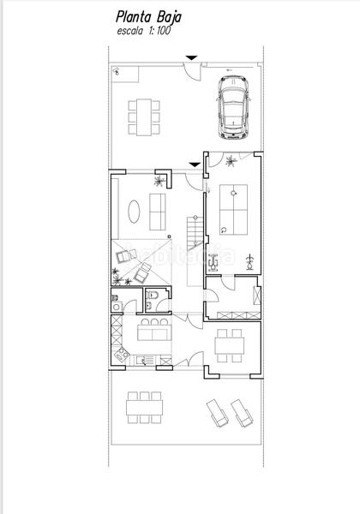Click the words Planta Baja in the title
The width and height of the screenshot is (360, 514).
point(148,17)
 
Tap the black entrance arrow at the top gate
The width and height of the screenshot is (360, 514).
point(192,57)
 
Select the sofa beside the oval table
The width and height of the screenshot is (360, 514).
point(159,210)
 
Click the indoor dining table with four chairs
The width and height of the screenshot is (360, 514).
point(230,347)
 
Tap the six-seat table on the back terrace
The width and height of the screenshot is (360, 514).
point(142,407)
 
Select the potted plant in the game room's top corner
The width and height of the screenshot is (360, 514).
point(231,160)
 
